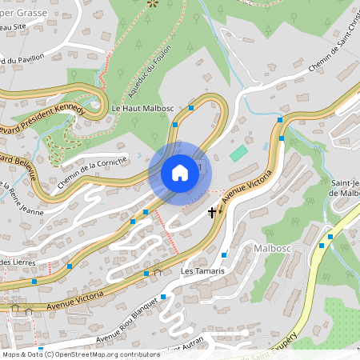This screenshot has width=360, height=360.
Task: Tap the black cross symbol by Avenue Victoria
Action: click(x=212, y=212)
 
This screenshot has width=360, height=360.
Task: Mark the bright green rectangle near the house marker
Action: click(x=239, y=153)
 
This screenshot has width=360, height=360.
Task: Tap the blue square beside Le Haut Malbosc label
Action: click(x=192, y=106)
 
